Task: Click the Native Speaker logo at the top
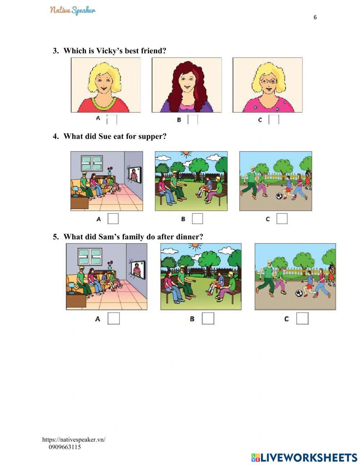(x=73, y=10)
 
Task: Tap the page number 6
(x=315, y=17)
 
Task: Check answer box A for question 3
(x=112, y=120)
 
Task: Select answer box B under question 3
(x=193, y=120)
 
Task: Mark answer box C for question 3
(x=274, y=120)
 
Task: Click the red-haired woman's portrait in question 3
(x=186, y=85)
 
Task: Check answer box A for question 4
(x=113, y=219)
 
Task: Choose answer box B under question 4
(x=197, y=219)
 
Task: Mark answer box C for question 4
(x=282, y=219)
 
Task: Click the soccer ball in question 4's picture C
(x=279, y=196)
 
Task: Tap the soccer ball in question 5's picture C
(x=299, y=293)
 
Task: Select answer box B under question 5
(x=208, y=318)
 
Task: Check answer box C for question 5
(x=302, y=318)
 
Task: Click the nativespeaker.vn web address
(x=74, y=439)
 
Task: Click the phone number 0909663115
(x=65, y=447)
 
